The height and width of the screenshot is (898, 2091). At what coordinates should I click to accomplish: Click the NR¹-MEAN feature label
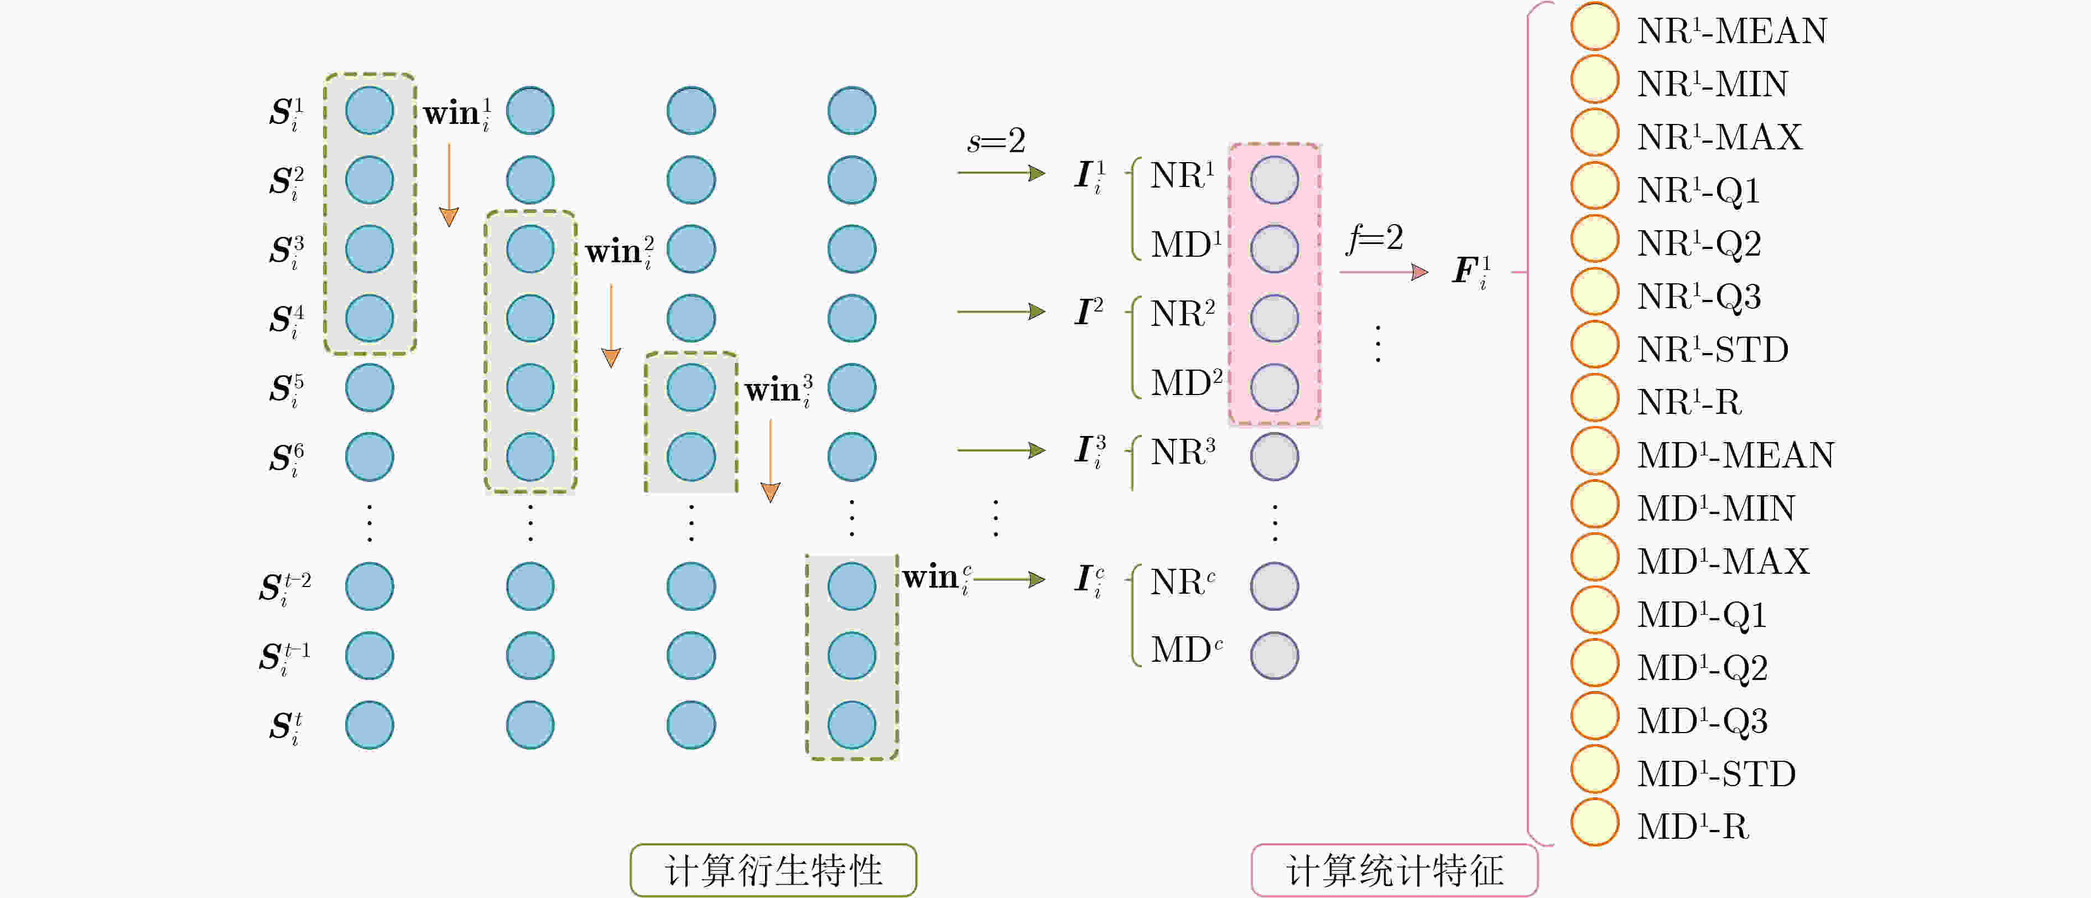(x=1731, y=31)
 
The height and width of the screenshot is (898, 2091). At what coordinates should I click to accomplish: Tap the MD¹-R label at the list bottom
(x=1693, y=827)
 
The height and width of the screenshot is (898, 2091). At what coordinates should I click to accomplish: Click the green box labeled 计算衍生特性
(x=773, y=870)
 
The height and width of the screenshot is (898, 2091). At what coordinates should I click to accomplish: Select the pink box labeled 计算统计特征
(x=1395, y=870)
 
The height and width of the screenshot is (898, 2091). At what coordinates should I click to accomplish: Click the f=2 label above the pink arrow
(x=1374, y=238)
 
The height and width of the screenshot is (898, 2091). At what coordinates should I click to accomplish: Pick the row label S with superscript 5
(x=287, y=390)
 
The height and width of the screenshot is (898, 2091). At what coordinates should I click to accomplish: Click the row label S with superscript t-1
(x=285, y=658)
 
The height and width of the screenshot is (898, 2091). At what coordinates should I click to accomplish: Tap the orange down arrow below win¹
(x=449, y=186)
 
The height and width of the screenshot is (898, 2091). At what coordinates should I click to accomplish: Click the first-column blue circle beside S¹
(x=370, y=111)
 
